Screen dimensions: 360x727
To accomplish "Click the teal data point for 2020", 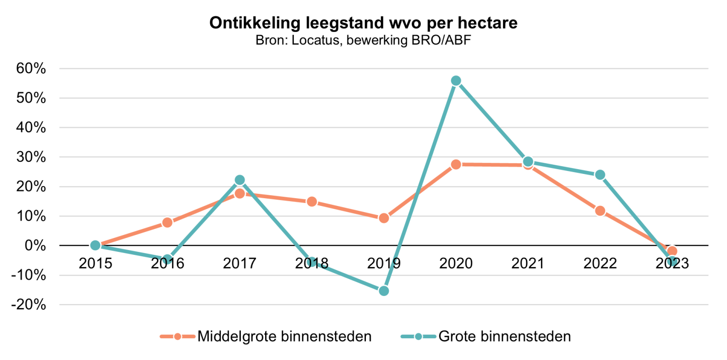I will tap(456, 80).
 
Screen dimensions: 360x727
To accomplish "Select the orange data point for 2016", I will tap(167, 223).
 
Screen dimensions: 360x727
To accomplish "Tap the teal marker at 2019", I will tap(384, 291).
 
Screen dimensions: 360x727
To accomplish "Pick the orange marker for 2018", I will tap(312, 202).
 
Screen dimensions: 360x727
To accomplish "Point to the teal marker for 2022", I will tap(600, 175).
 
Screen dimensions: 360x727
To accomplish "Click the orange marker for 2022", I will tap(600, 211).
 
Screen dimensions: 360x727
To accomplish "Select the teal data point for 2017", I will tap(239, 180).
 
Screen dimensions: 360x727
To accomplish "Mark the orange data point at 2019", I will tap(384, 218).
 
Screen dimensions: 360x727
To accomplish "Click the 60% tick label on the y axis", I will tap(32, 69).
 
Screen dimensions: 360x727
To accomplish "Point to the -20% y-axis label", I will tap(30, 305).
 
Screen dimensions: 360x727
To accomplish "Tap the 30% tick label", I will tap(32, 157).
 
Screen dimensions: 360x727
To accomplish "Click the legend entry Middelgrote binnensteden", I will tap(284, 336).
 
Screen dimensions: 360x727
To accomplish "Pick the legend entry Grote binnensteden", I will tap(504, 336).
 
